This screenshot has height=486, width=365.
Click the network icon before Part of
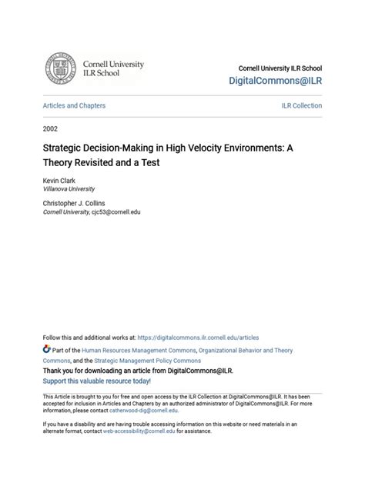click(47, 350)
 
